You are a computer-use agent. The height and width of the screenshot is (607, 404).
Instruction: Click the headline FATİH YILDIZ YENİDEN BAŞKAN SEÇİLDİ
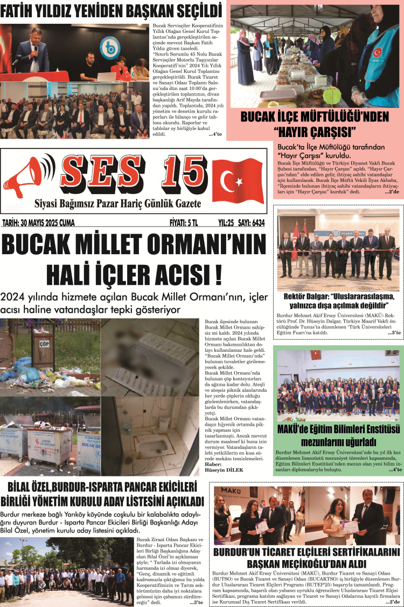[111, 11]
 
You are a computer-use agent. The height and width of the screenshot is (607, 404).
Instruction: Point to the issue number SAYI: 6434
[251, 222]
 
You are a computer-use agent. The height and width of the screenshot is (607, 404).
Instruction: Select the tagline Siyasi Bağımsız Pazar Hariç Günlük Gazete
[117, 204]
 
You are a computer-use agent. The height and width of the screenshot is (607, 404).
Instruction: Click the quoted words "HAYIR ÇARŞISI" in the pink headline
[315, 131]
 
